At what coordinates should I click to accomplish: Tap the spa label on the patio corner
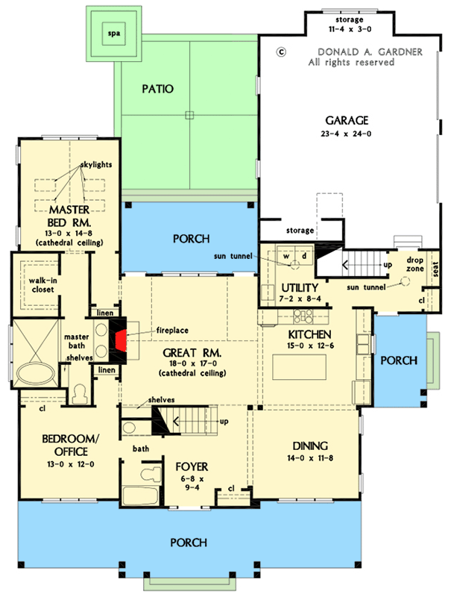click(113, 34)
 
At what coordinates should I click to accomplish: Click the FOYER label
click(192, 467)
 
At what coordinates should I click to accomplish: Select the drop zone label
click(414, 264)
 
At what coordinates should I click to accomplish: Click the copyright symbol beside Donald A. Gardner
click(282, 52)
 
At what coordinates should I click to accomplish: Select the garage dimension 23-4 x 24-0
click(347, 134)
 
